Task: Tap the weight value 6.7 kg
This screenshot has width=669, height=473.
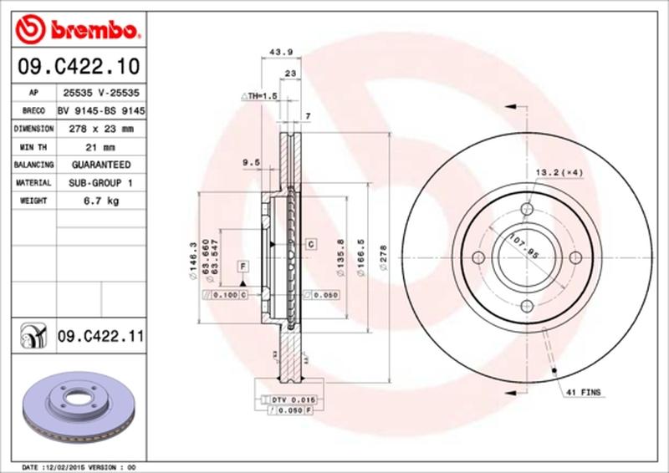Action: (x=101, y=201)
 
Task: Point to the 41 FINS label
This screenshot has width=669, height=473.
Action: (x=584, y=391)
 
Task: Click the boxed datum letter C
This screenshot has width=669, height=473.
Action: (x=309, y=244)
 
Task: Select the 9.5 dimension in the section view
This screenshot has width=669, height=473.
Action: (x=248, y=162)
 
